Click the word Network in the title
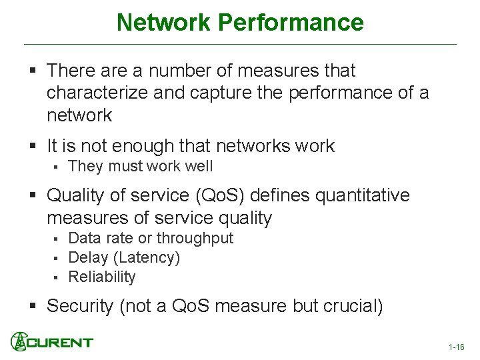(163, 23)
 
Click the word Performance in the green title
(290, 23)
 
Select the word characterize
(97, 93)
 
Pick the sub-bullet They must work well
(140, 166)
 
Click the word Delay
(88, 257)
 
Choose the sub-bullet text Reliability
(101, 277)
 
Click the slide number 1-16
(456, 347)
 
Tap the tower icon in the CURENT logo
(19, 341)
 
